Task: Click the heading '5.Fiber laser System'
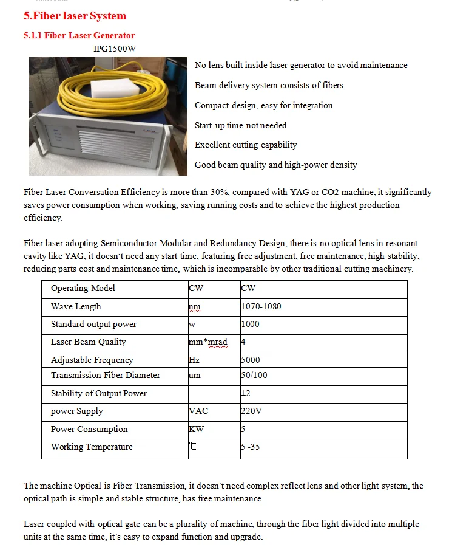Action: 75,16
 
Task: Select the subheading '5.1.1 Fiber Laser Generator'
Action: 79,35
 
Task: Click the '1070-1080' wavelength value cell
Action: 261,306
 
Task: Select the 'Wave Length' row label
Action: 76,306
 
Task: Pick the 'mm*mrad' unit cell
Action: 207,342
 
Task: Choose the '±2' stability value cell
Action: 246,393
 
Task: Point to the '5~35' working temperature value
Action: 252,447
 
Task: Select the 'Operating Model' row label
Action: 83,288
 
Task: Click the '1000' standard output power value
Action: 250,324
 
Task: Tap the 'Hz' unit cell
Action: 194,360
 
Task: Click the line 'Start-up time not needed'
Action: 240,125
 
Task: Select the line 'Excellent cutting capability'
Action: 246,145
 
